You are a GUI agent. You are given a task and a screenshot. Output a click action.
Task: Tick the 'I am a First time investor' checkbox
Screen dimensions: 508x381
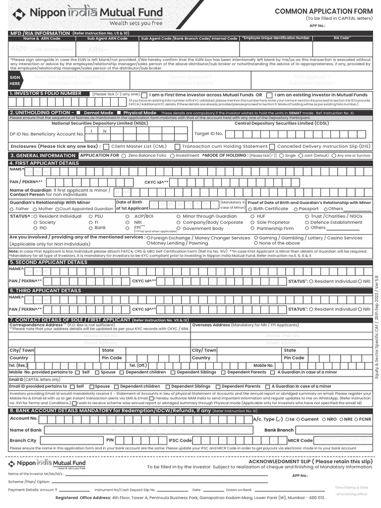tap(144, 95)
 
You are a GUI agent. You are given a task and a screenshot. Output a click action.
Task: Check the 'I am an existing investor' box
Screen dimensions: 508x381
tap(269, 95)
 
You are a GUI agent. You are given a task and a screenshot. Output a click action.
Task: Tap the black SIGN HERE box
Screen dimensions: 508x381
tap(14, 81)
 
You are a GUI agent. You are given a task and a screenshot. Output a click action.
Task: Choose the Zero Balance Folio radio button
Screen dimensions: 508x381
tap(124, 156)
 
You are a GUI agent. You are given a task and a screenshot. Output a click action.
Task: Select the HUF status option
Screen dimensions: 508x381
tap(253, 217)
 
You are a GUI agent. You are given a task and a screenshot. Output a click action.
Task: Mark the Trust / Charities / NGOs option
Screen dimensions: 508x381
tap(307, 217)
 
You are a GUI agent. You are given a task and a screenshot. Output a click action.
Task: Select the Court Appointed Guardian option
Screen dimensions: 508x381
tap(56, 209)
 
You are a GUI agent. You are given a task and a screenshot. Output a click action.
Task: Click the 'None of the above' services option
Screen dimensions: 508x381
tap(255, 244)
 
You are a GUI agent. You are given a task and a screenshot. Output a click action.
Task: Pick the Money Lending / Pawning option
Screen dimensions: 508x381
tap(148, 244)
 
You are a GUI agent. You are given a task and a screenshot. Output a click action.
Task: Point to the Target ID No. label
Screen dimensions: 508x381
tap(208, 133)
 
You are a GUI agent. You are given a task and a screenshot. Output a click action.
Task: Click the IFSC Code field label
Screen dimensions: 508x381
tap(180, 441)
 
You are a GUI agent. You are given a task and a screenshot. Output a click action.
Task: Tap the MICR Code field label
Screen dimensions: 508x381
tap(300, 441)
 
